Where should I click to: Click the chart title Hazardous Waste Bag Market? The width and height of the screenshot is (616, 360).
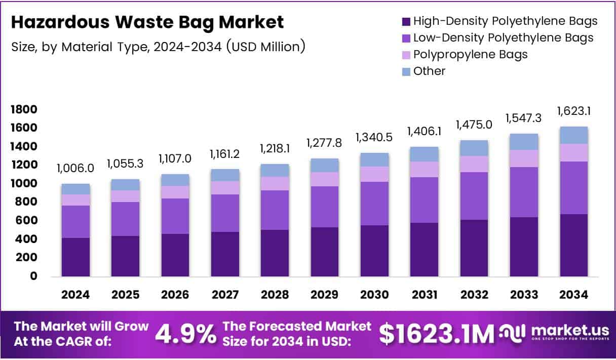coord(147,22)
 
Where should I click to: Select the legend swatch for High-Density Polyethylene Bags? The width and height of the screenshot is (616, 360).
coord(405,22)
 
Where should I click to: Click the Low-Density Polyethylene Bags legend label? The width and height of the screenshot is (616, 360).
coord(503,37)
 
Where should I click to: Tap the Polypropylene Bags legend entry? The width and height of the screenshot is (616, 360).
coord(470,54)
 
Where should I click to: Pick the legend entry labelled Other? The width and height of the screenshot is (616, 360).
coord(429,71)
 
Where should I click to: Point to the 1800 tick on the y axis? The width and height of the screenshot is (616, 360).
coord(24,109)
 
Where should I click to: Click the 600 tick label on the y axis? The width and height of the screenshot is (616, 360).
coord(27,220)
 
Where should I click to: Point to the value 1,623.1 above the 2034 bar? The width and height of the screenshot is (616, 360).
coord(574,111)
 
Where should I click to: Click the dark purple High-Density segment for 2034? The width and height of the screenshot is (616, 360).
coord(574,245)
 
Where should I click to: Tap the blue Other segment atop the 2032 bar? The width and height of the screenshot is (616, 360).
coord(474,148)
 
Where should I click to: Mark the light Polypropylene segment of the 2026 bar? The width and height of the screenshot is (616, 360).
coord(175,192)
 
